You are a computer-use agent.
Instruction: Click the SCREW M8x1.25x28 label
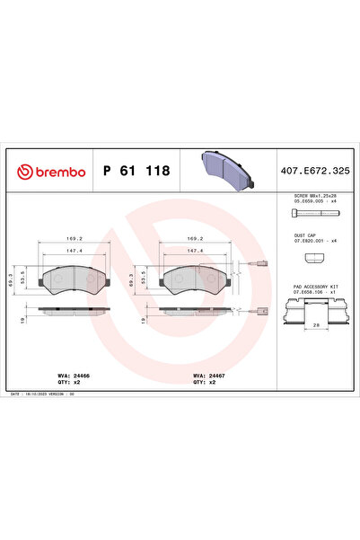(314, 195)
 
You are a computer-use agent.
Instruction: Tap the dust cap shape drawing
(312, 259)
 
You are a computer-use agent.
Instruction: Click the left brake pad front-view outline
(74, 280)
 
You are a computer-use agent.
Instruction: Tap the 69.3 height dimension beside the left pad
(12, 280)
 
